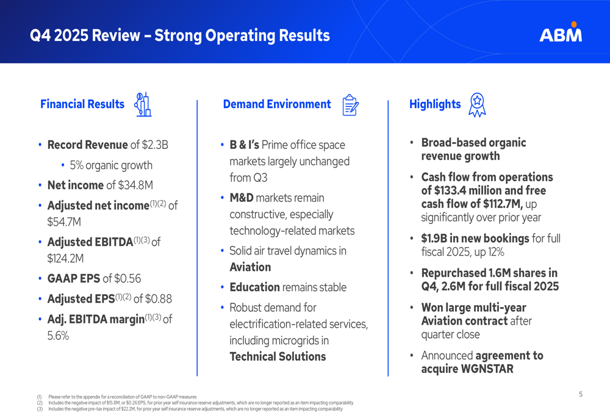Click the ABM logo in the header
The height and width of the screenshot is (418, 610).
click(x=560, y=33)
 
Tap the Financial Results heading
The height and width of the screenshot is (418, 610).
click(x=82, y=104)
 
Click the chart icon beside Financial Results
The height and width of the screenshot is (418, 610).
click(x=143, y=104)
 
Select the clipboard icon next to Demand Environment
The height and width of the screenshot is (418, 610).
click(x=350, y=105)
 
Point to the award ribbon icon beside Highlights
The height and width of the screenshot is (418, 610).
click(x=476, y=105)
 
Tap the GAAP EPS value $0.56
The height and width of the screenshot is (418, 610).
click(x=127, y=279)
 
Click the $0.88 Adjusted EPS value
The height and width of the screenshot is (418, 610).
click(x=157, y=299)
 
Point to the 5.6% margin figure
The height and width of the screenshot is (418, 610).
click(x=58, y=336)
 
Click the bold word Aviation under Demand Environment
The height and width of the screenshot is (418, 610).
click(x=250, y=267)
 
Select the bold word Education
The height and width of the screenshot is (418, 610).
click(x=254, y=287)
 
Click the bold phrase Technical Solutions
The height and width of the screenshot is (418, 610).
click(x=278, y=356)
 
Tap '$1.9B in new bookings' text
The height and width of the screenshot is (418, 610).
click(x=475, y=239)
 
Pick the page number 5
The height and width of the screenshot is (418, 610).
click(x=580, y=394)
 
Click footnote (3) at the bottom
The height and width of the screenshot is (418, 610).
click(x=40, y=409)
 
